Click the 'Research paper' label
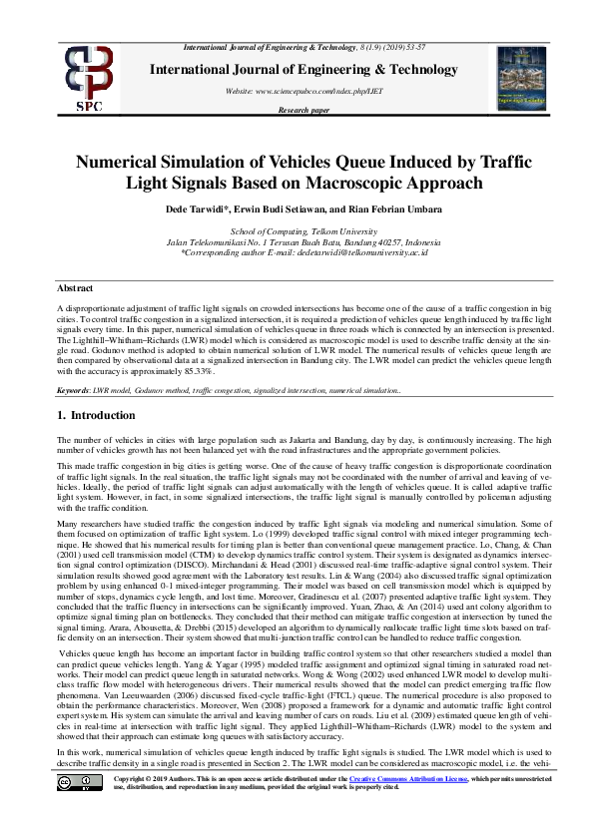pyautogui.click(x=303, y=110)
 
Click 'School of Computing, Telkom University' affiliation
pyautogui.click(x=297, y=230)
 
